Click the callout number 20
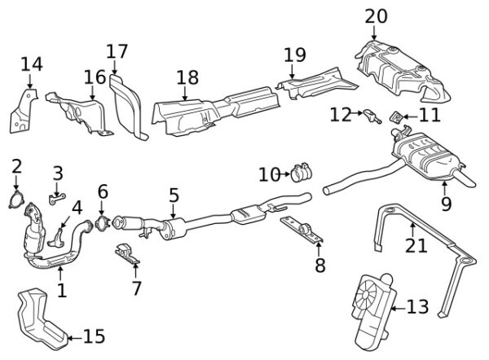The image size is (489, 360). [x=377, y=15]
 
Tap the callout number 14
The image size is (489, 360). [x=31, y=64]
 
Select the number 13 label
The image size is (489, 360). [x=416, y=307]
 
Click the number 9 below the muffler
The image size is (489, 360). [x=446, y=204]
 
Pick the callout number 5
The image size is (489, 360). [x=174, y=195]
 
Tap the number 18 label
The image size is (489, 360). [x=187, y=78]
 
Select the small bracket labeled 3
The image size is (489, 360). [x=56, y=196]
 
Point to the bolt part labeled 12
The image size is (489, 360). [x=372, y=114]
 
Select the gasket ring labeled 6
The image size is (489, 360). [x=102, y=221]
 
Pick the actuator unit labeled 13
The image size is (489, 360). [x=372, y=308]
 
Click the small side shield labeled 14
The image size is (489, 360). [x=23, y=112]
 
